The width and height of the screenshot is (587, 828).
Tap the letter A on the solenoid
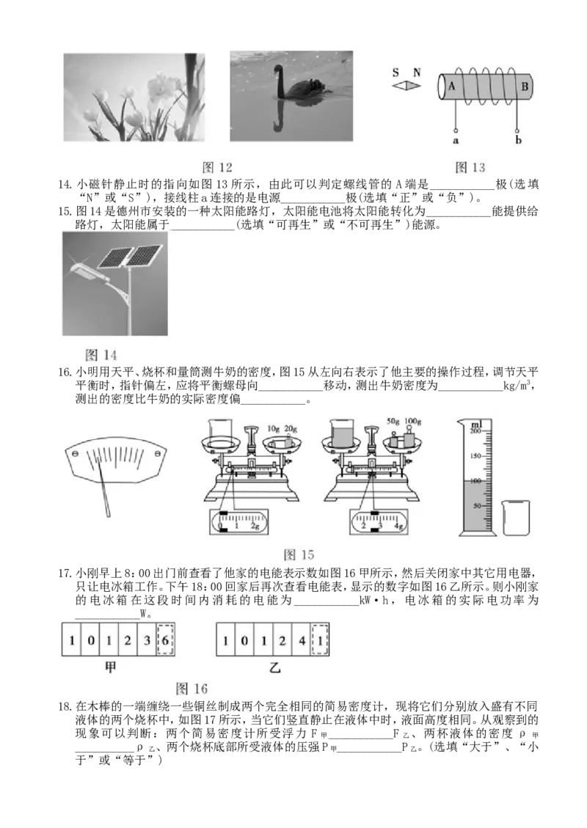pyautogui.click(x=452, y=86)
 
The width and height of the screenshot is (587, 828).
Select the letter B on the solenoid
pyautogui.click(x=525, y=86)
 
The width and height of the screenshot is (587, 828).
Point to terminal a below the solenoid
pyautogui.click(x=456, y=141)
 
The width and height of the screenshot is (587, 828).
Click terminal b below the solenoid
pyautogui.click(x=518, y=140)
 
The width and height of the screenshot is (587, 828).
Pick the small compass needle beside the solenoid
pyautogui.click(x=406, y=86)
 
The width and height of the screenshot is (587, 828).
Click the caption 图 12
pyautogui.click(x=217, y=167)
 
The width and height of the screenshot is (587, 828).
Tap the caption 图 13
pyautogui.click(x=470, y=167)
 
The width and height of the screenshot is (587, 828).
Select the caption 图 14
pyautogui.click(x=101, y=355)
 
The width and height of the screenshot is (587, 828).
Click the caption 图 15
pyautogui.click(x=299, y=555)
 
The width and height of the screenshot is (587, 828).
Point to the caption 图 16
pyautogui.click(x=192, y=689)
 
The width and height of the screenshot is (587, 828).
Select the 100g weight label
pyautogui.click(x=412, y=422)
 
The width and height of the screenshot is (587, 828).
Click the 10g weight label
pyautogui.click(x=273, y=428)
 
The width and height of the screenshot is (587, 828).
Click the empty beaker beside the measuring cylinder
pyautogui.click(x=517, y=518)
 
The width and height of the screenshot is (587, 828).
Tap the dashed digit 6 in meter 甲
pyautogui.click(x=165, y=640)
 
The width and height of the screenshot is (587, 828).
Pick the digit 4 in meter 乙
pyautogui.click(x=302, y=640)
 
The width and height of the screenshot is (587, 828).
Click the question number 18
pyautogui.click(x=65, y=706)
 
